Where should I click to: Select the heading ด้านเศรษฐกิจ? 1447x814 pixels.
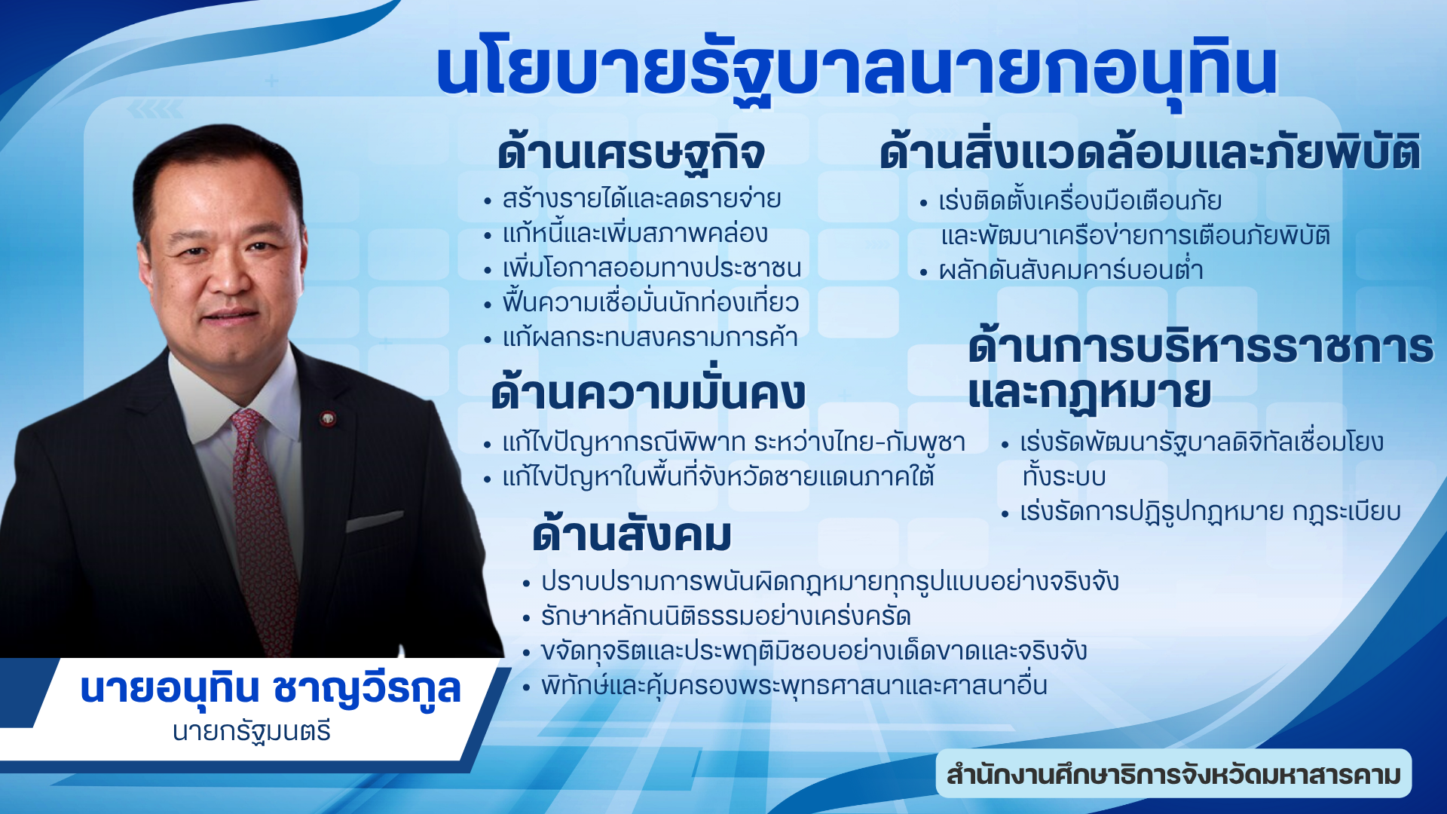point(631,153)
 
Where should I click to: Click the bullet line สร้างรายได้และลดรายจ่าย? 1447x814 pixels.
point(641,199)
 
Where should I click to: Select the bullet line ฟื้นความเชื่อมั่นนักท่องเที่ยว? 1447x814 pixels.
point(650,303)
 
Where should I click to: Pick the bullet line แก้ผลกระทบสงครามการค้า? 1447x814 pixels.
point(650,337)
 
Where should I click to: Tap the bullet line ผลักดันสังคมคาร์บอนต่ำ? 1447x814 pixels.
point(1071,270)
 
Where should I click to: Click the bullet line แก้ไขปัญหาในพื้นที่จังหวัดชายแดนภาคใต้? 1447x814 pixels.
point(718,477)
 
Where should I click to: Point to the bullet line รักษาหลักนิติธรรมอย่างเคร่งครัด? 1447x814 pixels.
point(726,617)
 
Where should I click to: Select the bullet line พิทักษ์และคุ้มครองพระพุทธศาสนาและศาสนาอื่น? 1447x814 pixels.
point(794,686)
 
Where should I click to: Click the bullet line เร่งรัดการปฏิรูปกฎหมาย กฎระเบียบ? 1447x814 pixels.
point(1210,512)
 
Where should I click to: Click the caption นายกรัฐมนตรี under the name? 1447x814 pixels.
point(252,732)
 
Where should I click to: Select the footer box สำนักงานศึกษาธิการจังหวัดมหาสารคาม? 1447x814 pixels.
point(1173,774)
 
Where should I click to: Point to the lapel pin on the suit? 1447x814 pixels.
point(328,418)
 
